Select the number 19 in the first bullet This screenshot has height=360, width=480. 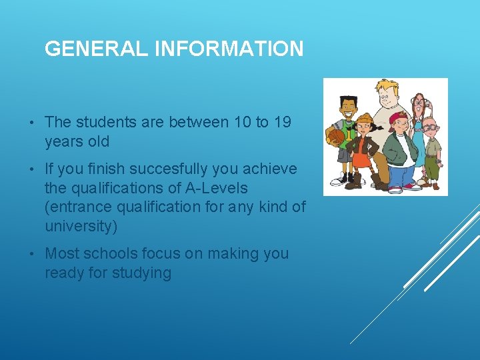coord(282,122)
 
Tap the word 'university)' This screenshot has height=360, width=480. coord(81,227)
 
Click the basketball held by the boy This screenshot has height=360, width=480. coord(335,137)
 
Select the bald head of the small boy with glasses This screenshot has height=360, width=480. coord(431,121)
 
